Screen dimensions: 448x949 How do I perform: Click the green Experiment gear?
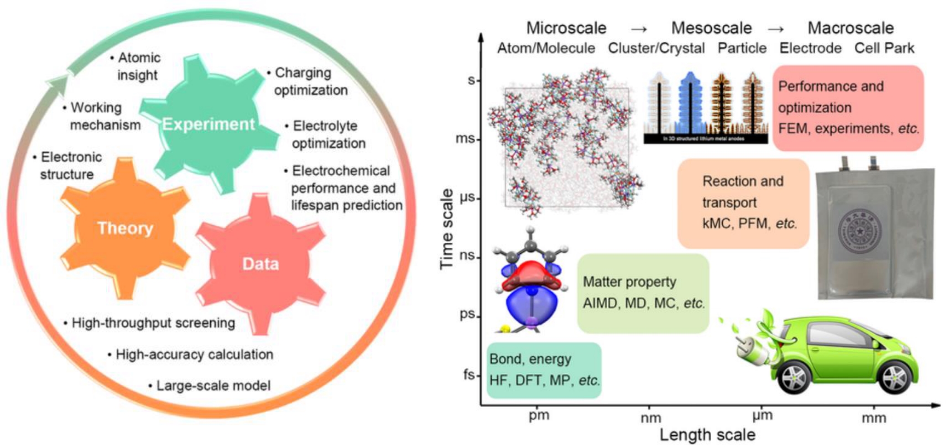(x=209, y=124)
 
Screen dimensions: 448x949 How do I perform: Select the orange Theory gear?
(x=125, y=228)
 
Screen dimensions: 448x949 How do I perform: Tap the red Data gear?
(x=260, y=263)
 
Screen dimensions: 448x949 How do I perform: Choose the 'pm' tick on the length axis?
(x=539, y=415)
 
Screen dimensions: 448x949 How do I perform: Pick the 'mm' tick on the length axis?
(x=874, y=418)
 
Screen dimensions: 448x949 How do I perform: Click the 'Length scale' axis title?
(x=707, y=435)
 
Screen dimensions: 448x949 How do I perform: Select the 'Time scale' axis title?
(x=447, y=229)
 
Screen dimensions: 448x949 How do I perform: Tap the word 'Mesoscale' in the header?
(x=711, y=28)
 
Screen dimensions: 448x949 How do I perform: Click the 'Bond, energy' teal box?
(x=544, y=370)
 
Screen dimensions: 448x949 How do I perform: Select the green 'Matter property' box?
(x=643, y=293)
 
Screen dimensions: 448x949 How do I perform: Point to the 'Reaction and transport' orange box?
(x=743, y=202)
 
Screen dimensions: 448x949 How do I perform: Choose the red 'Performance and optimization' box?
(x=848, y=107)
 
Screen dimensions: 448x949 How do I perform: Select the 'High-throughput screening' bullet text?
(x=153, y=323)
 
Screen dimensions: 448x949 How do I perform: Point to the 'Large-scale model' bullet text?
(x=213, y=386)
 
